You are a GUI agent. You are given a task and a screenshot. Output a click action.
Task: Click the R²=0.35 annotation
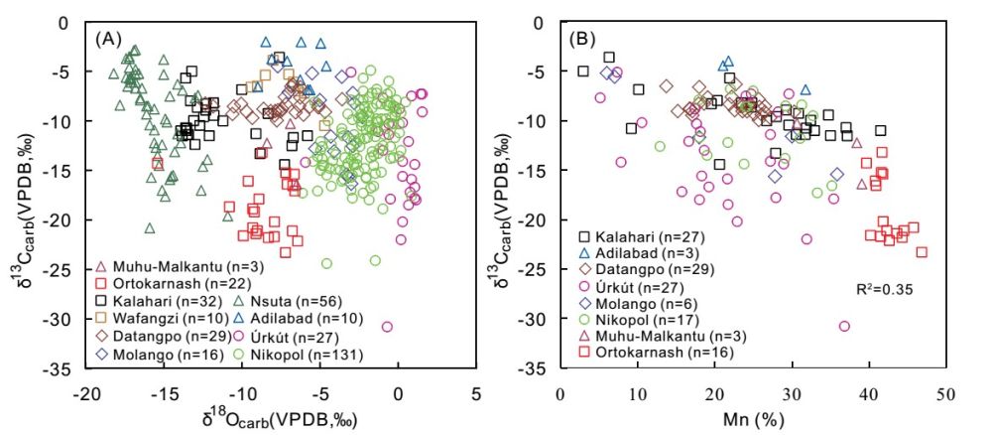884,289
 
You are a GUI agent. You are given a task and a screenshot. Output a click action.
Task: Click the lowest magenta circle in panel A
387,327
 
